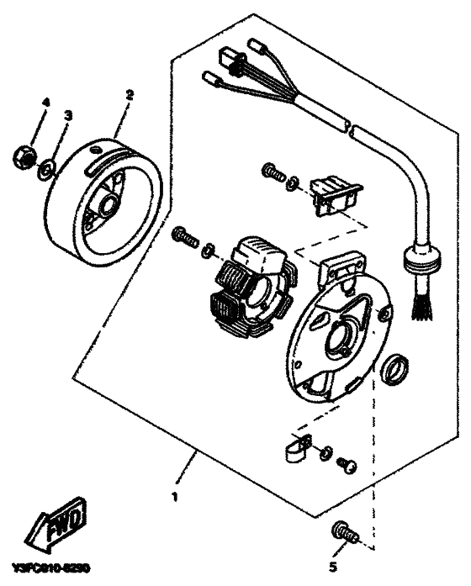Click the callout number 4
point(45,103)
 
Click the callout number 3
point(69,115)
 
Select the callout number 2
point(129,95)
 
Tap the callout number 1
point(175,497)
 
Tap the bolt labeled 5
point(343,532)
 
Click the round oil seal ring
point(395,368)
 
